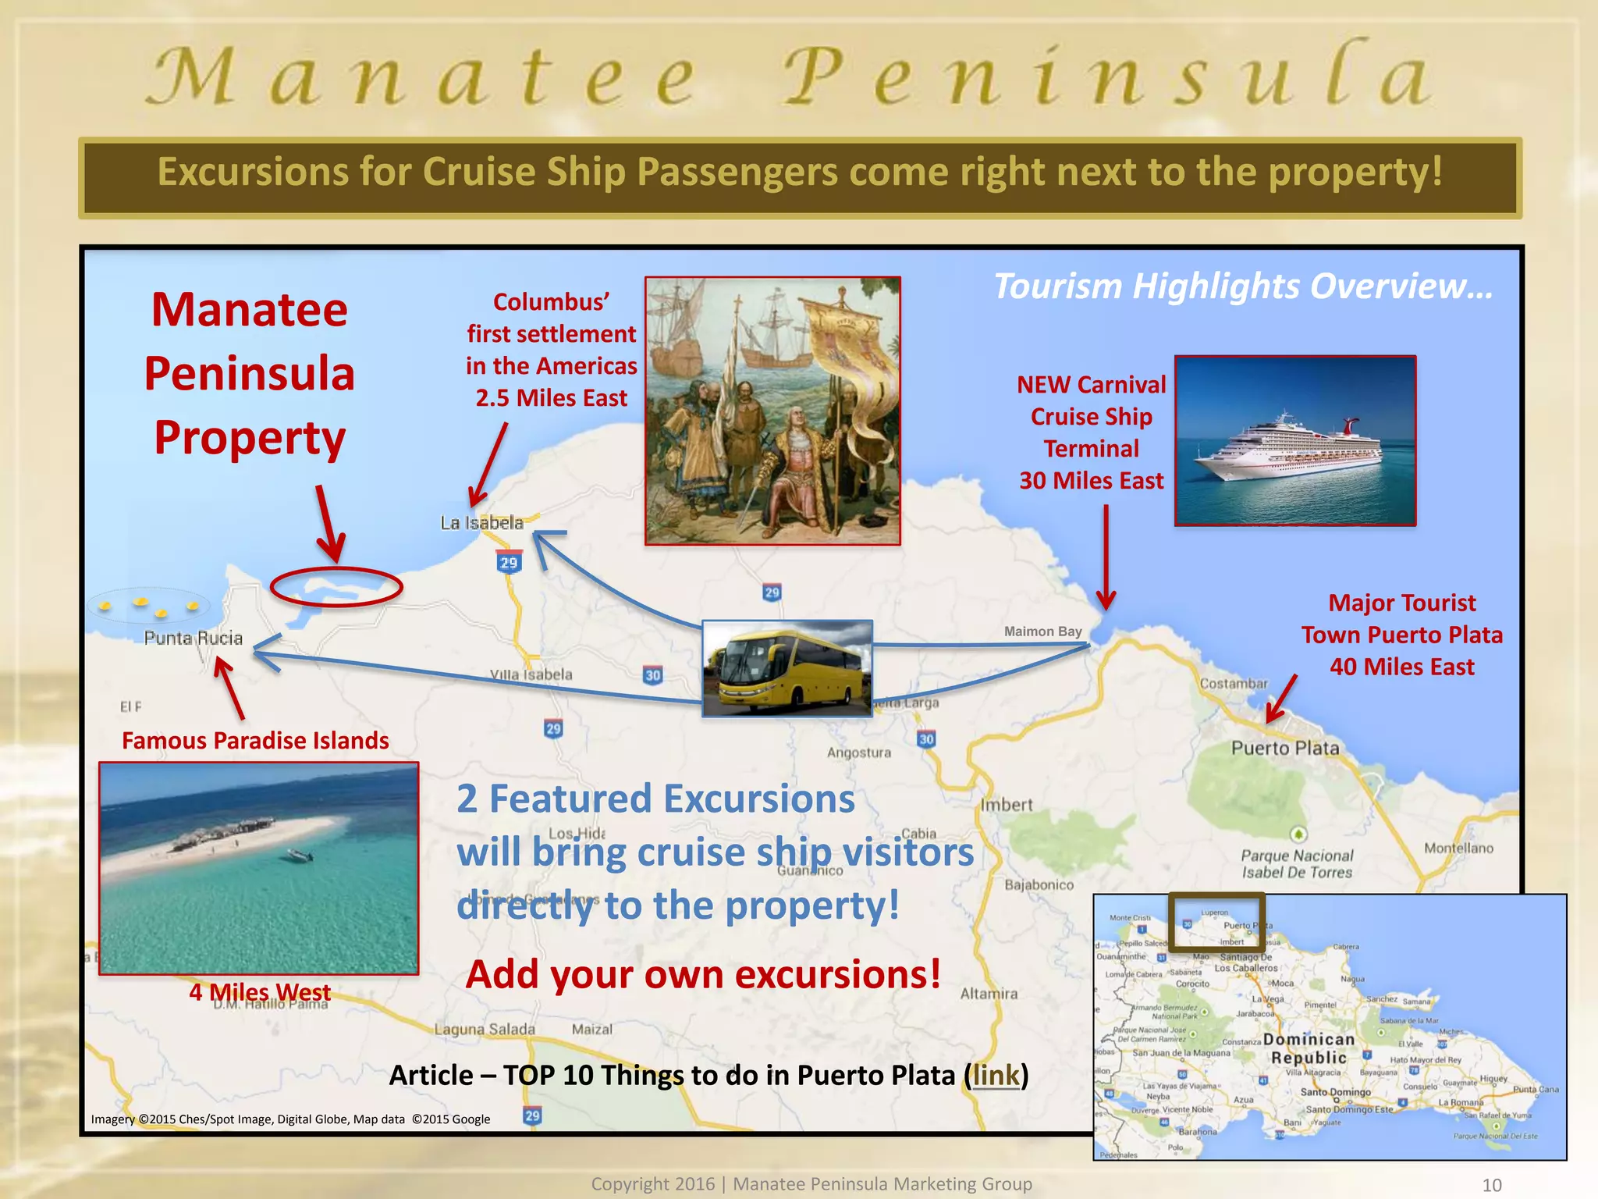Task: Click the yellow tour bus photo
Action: coord(787,668)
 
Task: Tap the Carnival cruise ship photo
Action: coord(1294,441)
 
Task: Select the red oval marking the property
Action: coord(336,587)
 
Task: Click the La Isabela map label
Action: coord(481,523)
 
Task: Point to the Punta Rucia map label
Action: coord(193,639)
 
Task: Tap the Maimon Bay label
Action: coord(1042,632)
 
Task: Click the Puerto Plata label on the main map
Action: coord(1284,748)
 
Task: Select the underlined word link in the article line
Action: coord(996,1076)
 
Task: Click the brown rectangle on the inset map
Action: coord(1216,922)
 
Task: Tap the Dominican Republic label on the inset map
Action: coord(1309,1048)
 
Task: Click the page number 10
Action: coord(1491,1185)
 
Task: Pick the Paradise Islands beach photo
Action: coord(258,868)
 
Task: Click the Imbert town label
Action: coord(1006,805)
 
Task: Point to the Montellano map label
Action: coord(1458,849)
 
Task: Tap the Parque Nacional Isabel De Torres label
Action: coord(1296,864)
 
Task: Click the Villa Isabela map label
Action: coord(531,674)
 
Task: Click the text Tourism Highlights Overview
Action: coord(1242,286)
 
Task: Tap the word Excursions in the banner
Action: coord(252,172)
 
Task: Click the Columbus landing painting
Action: coord(772,411)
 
